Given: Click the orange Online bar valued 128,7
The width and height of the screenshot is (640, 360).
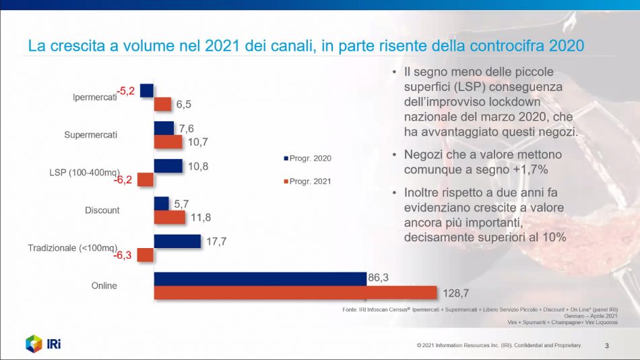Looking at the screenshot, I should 295,293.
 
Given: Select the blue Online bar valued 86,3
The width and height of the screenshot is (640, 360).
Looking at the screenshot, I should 260,278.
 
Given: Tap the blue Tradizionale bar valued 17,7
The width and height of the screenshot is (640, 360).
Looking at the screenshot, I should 177,241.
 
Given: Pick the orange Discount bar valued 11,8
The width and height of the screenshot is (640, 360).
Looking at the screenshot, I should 169,217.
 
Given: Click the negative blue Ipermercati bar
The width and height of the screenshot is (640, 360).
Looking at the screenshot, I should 147,90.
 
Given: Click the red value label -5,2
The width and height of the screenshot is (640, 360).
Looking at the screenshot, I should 127,90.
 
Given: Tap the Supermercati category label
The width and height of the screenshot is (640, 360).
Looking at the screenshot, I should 90,135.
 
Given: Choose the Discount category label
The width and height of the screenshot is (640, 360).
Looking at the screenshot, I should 102,210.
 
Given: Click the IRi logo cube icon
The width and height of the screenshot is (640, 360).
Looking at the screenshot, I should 34,343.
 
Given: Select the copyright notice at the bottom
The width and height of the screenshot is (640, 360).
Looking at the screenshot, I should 499,346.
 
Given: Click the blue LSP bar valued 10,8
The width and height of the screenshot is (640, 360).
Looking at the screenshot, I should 168,165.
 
